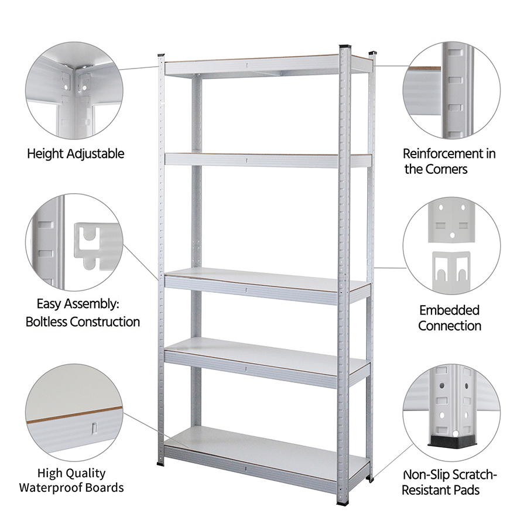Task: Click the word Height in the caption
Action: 46,153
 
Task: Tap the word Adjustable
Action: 95,153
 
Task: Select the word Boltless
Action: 46,321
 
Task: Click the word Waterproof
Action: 51,487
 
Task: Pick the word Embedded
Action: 449,310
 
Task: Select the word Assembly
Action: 94,304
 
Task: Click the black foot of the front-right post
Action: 343,503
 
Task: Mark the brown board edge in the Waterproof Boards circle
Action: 74,415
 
